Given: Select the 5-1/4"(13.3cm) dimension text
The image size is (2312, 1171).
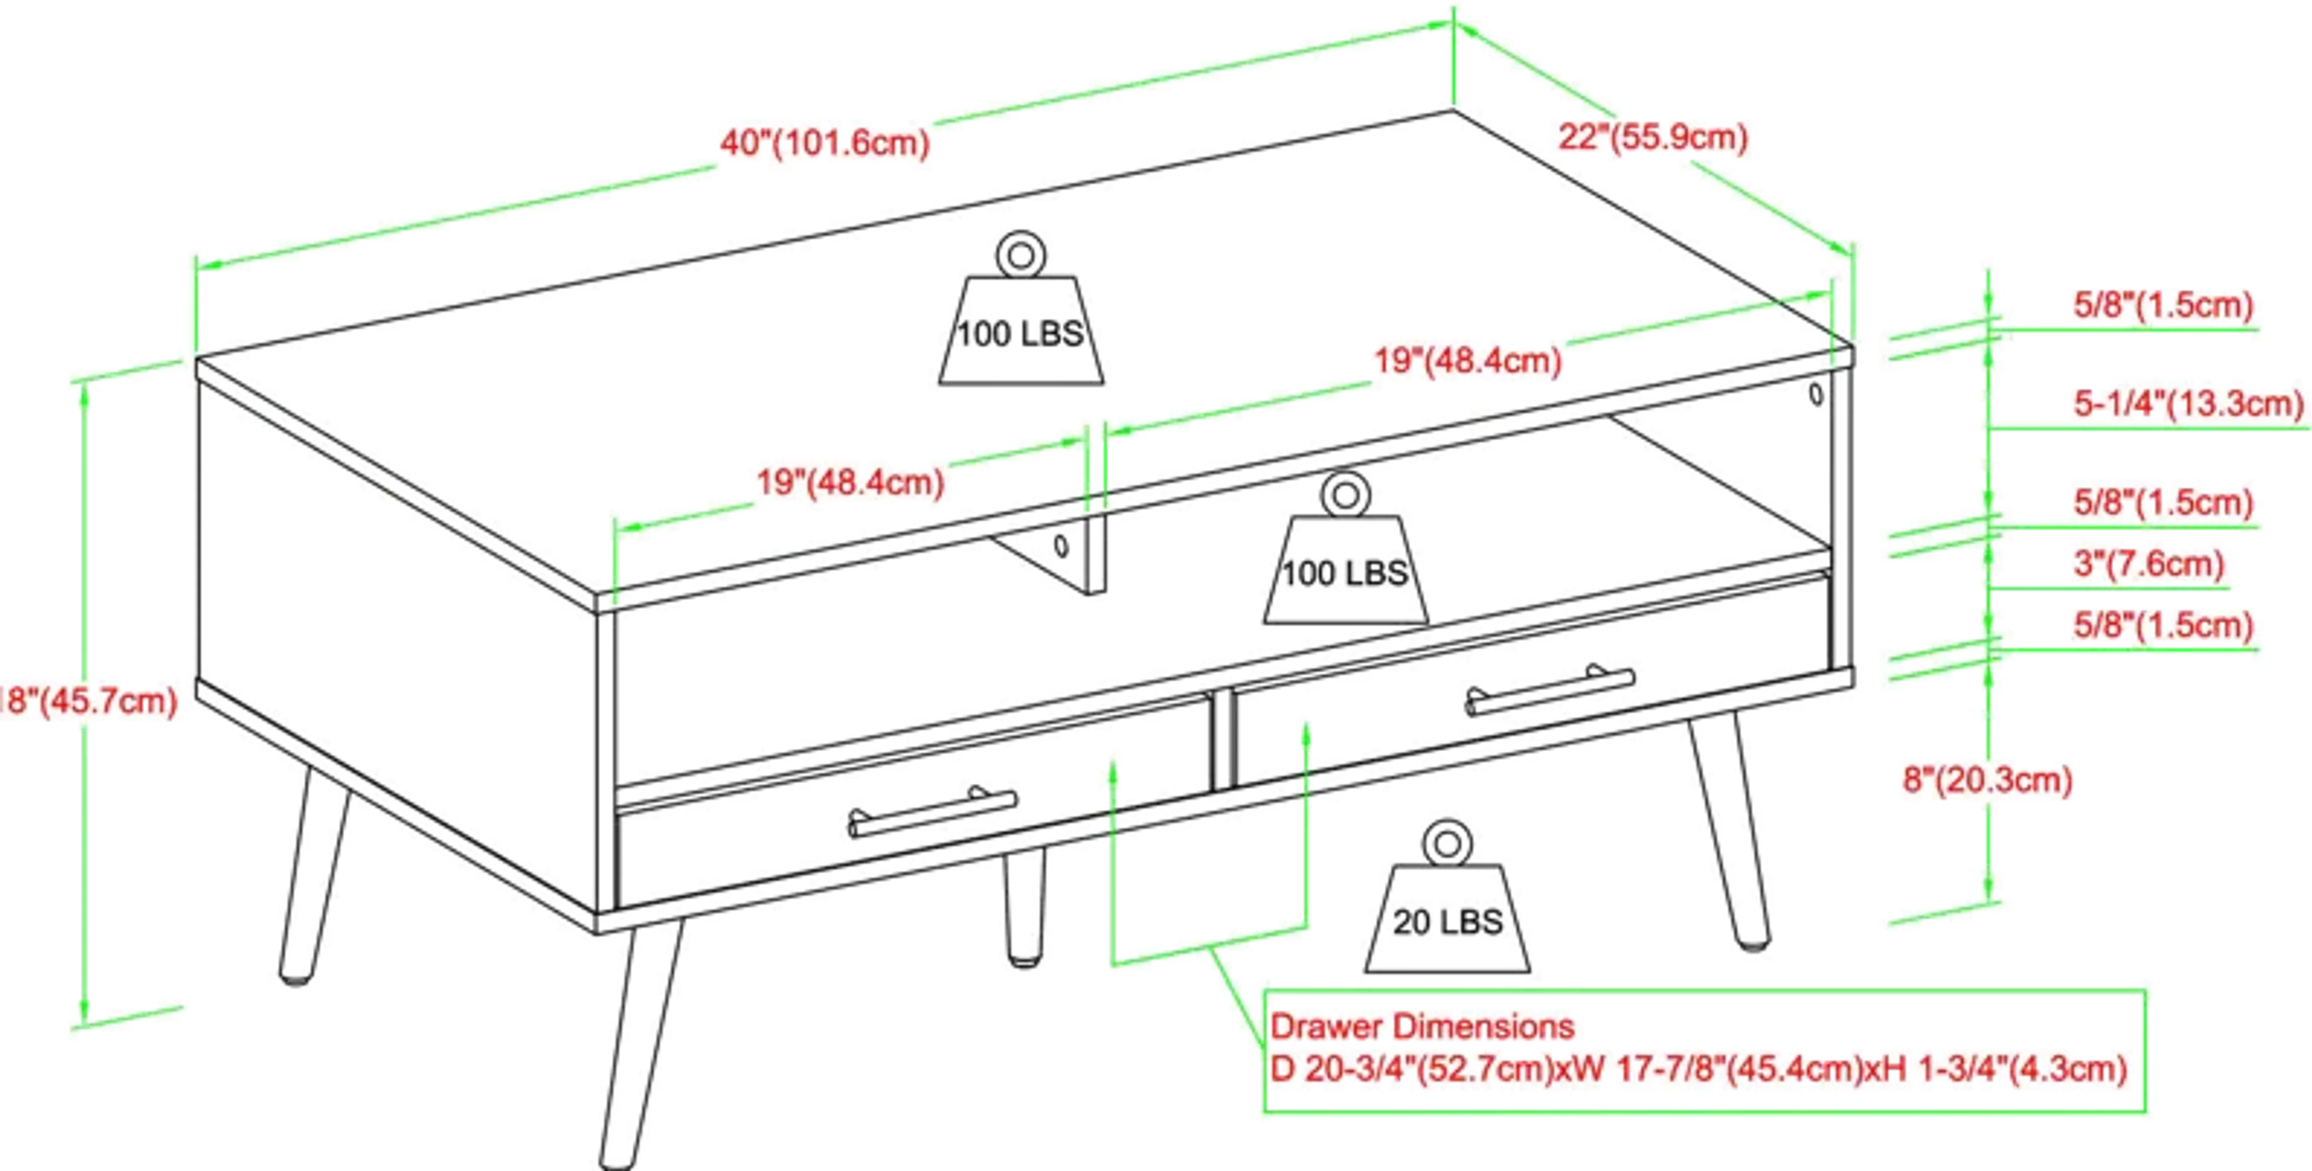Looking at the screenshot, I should point(2188,404).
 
